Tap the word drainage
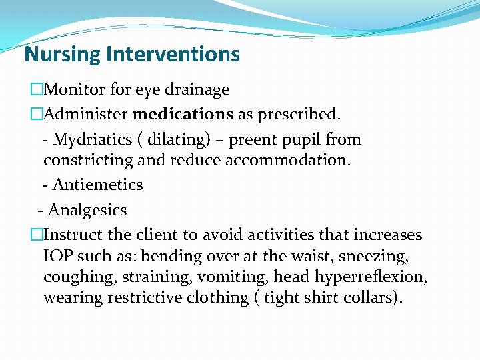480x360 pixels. point(201,90)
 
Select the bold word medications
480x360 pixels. point(183,115)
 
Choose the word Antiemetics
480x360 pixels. point(97,185)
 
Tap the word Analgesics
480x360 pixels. point(87,210)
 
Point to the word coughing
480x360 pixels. point(74,277)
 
